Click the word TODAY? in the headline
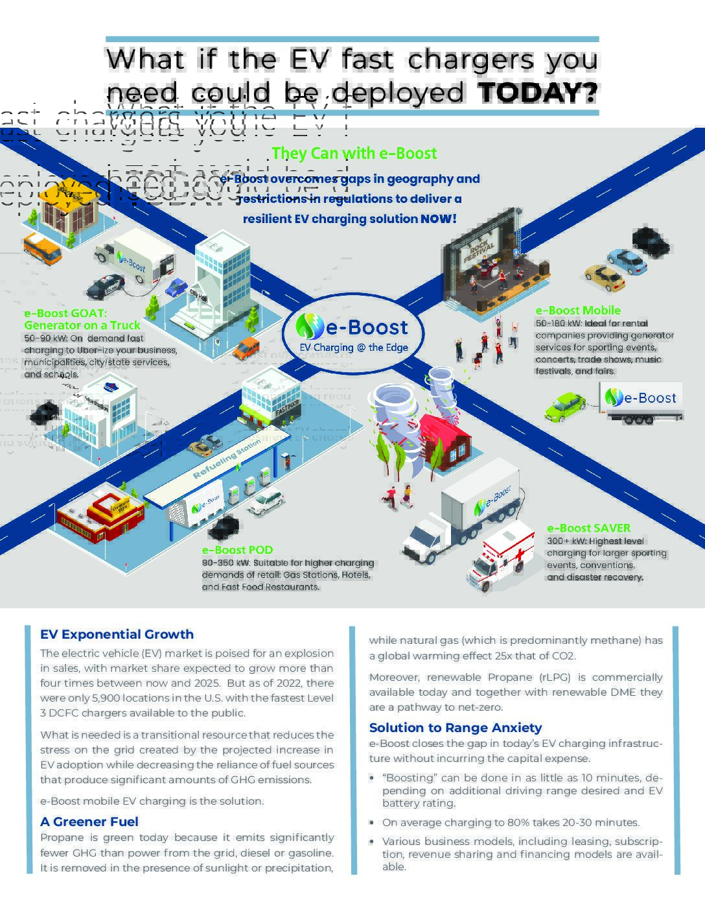(537, 93)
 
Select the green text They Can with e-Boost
(354, 154)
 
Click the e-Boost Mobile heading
(577, 311)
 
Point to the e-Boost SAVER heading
(588, 528)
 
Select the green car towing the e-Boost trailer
(564, 407)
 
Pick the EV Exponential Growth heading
(117, 635)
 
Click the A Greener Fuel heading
(89, 822)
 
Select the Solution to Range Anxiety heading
(455, 728)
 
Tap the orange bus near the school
(42, 248)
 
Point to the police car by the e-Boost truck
(105, 285)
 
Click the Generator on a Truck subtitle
(82, 326)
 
